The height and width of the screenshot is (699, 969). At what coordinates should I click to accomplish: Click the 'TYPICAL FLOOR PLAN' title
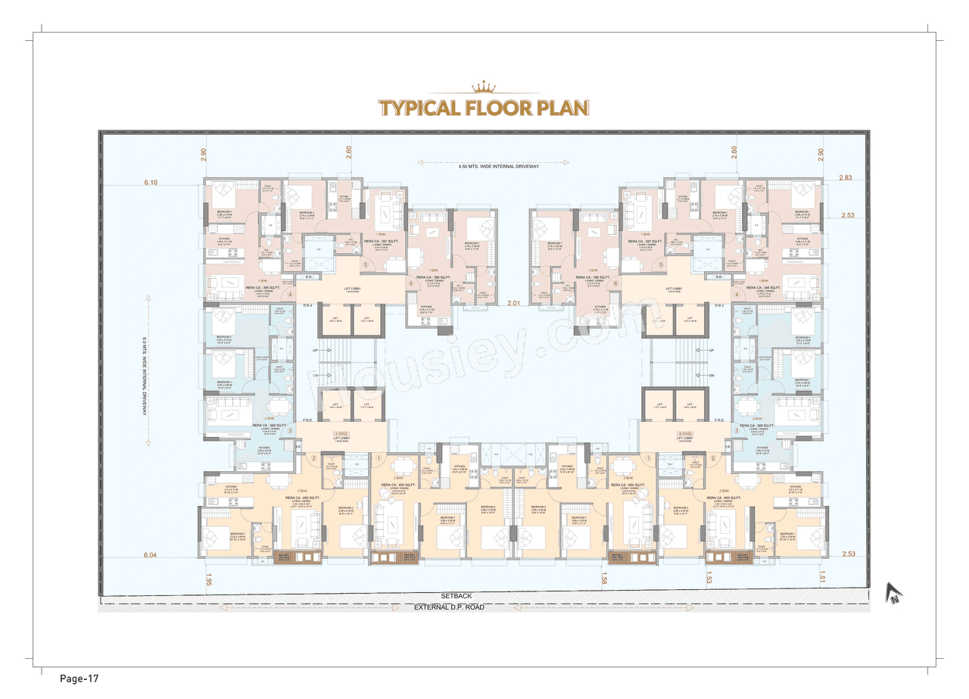[x=484, y=108]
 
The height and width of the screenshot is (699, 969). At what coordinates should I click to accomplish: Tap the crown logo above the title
[x=484, y=88]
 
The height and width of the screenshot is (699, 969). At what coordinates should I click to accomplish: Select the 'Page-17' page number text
[x=79, y=678]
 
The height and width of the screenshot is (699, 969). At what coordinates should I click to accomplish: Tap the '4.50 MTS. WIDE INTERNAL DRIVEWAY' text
[x=492, y=166]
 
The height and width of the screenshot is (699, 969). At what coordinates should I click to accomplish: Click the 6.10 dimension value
[x=151, y=183]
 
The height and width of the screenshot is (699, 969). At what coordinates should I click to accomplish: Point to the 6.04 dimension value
[x=151, y=555]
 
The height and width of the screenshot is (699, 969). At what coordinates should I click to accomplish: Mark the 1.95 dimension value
[x=209, y=579]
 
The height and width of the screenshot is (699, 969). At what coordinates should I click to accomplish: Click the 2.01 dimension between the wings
[x=516, y=304]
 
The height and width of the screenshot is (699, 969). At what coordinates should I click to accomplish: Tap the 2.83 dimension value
[x=846, y=177]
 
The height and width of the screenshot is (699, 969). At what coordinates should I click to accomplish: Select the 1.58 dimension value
[x=603, y=580]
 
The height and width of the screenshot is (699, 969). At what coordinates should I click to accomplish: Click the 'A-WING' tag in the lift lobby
[x=340, y=435]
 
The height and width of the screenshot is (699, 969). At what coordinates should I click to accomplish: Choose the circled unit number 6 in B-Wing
[x=615, y=284]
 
